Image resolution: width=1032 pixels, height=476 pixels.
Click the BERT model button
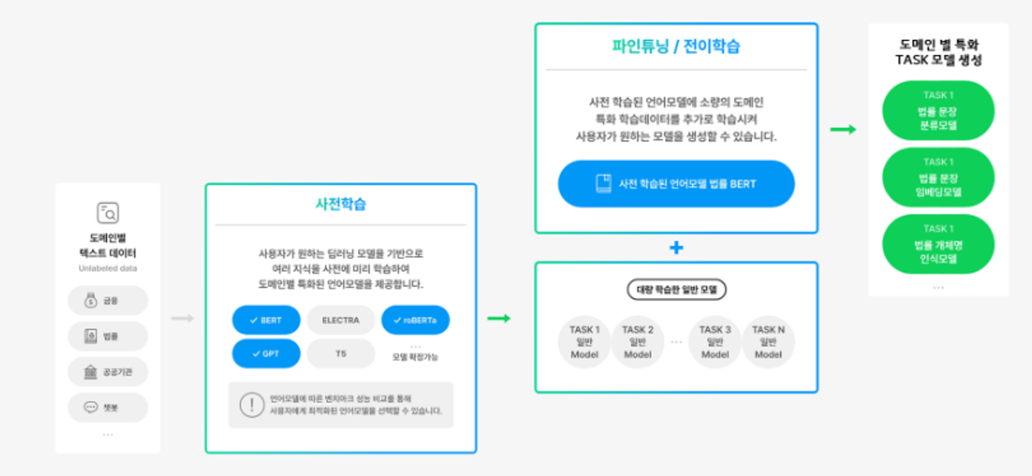pyautogui.click(x=266, y=320)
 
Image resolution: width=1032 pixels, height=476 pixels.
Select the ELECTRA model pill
pyautogui.click(x=341, y=320)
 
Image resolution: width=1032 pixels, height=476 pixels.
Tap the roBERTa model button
pyautogui.click(x=415, y=320)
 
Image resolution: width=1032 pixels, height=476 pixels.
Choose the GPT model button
pyautogui.click(x=266, y=354)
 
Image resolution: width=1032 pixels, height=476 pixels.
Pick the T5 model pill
pyautogui.click(x=341, y=354)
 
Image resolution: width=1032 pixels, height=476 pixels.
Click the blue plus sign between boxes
pyautogui.click(x=676, y=248)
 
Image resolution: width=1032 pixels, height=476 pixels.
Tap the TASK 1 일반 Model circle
pyautogui.click(x=584, y=342)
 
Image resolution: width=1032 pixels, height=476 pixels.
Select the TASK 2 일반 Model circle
pyautogui.click(x=638, y=342)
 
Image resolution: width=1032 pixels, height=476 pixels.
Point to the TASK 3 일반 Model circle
pyautogui.click(x=715, y=342)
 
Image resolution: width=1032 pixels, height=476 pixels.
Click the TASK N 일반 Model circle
pyautogui.click(x=768, y=342)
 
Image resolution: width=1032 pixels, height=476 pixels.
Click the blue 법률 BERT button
pyautogui.click(x=676, y=184)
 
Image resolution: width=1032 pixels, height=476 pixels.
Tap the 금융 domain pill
pyautogui.click(x=108, y=300)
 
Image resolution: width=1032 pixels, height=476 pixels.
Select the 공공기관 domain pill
pyautogui.click(x=108, y=372)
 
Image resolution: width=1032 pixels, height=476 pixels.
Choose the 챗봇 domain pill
pyautogui.click(x=108, y=407)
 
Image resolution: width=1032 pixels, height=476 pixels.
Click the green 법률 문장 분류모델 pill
pyautogui.click(x=938, y=111)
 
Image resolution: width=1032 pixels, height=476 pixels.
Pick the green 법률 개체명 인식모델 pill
pyautogui.click(x=938, y=244)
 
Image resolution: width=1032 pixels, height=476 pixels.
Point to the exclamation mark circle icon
pyautogui.click(x=252, y=405)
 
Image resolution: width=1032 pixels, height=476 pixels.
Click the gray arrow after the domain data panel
pyautogui.click(x=183, y=318)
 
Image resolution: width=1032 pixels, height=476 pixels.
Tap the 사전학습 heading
pyautogui.click(x=341, y=204)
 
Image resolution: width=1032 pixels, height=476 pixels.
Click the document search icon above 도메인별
pyautogui.click(x=108, y=213)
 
